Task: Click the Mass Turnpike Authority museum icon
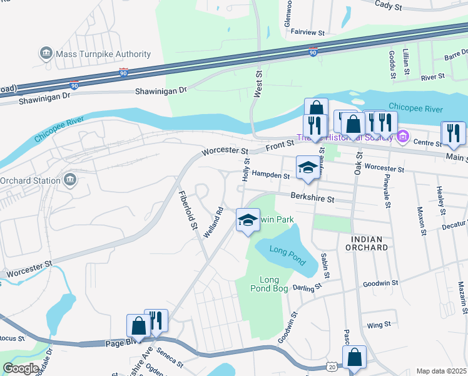pos(46,55)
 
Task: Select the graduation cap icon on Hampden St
pos(307,167)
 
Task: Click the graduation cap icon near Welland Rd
pos(248,220)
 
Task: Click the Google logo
pos(21,368)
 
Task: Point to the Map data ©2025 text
pos(441,371)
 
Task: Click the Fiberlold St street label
pos(186,208)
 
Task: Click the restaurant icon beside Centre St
pos(452,133)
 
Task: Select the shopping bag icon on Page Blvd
pos(138,326)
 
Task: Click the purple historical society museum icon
pos(403,135)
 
